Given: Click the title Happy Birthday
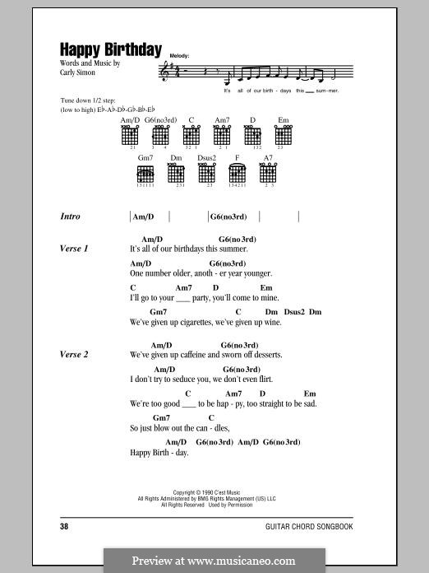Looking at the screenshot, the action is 110,49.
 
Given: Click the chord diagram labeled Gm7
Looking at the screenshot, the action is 145,175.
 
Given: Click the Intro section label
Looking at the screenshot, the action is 71,217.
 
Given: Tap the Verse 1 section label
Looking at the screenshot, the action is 74,248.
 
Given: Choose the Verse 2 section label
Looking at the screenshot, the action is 74,355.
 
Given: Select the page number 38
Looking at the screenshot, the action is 65,525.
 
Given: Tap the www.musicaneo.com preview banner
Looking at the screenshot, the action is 214,561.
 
